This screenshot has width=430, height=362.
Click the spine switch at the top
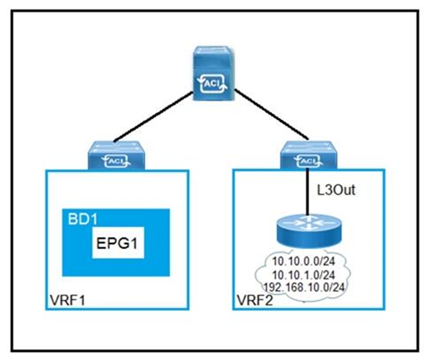(213, 74)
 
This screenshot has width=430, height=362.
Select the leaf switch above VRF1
(116, 155)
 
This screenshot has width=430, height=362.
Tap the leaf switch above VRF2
(309, 155)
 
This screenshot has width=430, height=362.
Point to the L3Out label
(336, 190)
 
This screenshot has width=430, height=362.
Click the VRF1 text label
(68, 300)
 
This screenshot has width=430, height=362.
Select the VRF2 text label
(255, 300)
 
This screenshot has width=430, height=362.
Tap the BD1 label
(82, 219)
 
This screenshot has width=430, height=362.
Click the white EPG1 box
(118, 242)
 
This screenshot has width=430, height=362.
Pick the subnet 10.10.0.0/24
(303, 261)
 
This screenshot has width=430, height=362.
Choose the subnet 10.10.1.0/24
(303, 274)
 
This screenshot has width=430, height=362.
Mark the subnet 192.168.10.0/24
(304, 287)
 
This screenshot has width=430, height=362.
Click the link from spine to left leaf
(153, 117)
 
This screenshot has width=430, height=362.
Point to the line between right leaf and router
(308, 191)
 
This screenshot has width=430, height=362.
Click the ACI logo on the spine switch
(213, 83)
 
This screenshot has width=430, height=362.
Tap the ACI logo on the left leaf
(117, 161)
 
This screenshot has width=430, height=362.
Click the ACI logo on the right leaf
(309, 161)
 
